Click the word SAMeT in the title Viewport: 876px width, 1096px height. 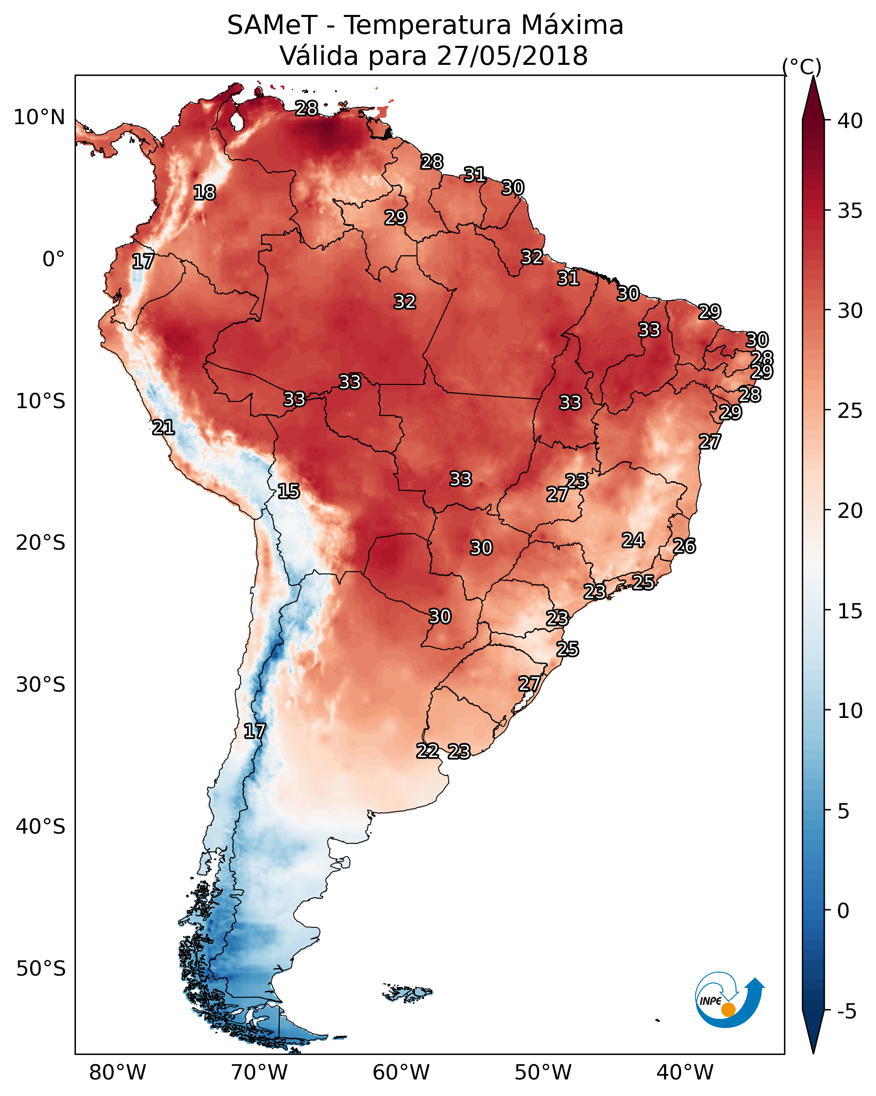272,25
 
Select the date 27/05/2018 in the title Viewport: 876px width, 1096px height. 512,56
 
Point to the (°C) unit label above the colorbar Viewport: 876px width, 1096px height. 802,67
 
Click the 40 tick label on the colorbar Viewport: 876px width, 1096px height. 850,121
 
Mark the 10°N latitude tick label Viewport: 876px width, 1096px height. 39,117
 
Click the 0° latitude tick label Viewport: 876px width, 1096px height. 54,259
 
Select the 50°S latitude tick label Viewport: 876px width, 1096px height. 41,969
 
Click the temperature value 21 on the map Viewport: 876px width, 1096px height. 163,428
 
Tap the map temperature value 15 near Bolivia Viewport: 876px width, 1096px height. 288,491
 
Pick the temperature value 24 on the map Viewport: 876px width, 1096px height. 633,540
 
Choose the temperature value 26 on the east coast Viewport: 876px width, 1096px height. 684,546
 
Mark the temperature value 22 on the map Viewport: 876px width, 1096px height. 428,751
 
